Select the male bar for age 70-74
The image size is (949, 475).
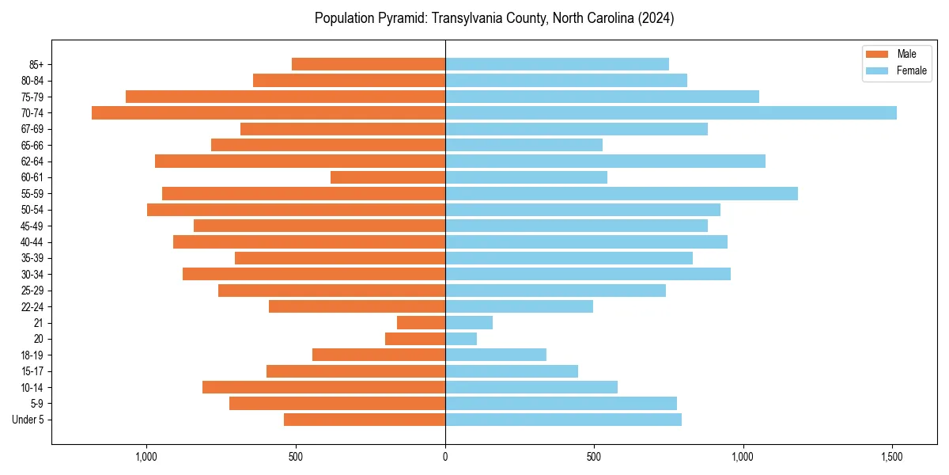pyautogui.click(x=269, y=112)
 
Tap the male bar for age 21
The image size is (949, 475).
pyautogui.click(x=421, y=322)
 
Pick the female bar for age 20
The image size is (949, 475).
pyautogui.click(x=461, y=339)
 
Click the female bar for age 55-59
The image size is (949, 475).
pyautogui.click(x=622, y=193)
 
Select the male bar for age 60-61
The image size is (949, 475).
pyautogui.click(x=388, y=177)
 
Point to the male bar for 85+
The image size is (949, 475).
pyautogui.click(x=369, y=64)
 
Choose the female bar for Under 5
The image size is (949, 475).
pyautogui.click(x=563, y=420)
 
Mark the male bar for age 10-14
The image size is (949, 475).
pyautogui.click(x=323, y=387)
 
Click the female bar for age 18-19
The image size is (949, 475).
pyautogui.click(x=496, y=355)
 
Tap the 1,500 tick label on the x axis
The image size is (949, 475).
pyautogui.click(x=892, y=457)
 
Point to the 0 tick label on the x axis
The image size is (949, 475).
pyautogui.click(x=445, y=457)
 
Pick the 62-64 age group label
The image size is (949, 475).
pyautogui.click(x=32, y=161)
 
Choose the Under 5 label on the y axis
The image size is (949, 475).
pyautogui.click(x=28, y=420)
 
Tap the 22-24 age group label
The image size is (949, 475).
pyautogui.click(x=32, y=306)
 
